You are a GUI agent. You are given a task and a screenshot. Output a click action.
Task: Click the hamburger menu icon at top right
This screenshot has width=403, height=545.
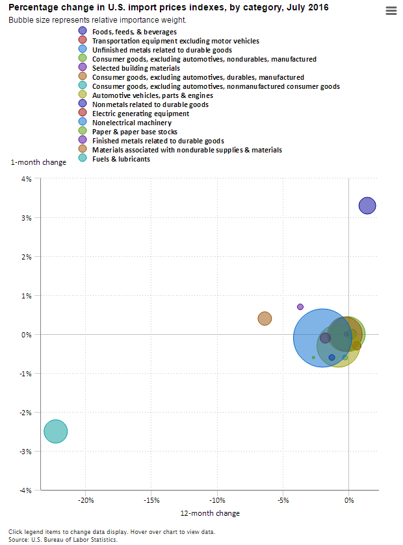[391, 10]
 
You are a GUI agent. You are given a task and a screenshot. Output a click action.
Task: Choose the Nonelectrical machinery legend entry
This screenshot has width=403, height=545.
[132, 123]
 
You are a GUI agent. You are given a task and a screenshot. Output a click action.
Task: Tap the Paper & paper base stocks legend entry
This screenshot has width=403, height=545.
[135, 132]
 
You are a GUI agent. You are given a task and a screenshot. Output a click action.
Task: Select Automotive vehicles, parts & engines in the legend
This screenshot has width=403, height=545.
[152, 95]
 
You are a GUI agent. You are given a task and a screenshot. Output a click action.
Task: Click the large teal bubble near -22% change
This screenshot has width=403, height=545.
[56, 431]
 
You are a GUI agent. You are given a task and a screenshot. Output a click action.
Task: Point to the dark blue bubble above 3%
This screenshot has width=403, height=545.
[367, 206]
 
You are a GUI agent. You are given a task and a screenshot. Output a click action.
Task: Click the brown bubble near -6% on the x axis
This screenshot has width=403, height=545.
[265, 319]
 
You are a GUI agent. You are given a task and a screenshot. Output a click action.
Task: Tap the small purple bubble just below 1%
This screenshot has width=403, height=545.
[300, 307]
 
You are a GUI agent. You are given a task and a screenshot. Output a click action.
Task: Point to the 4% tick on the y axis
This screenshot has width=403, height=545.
[28, 179]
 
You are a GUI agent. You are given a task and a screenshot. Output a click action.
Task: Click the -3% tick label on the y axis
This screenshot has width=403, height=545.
[27, 452]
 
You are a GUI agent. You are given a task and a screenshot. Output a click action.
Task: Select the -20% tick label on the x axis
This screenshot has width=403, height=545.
[86, 500]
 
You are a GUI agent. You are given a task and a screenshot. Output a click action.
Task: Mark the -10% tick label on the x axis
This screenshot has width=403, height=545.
[218, 500]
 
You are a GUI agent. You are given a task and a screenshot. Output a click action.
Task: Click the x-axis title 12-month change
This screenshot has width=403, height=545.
[209, 513]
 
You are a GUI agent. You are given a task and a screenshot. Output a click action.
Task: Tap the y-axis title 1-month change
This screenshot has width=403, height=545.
[38, 162]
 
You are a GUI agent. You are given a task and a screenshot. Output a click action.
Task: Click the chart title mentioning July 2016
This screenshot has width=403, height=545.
[168, 8]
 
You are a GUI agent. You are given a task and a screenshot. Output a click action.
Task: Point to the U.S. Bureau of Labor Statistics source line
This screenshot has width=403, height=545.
[63, 539]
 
